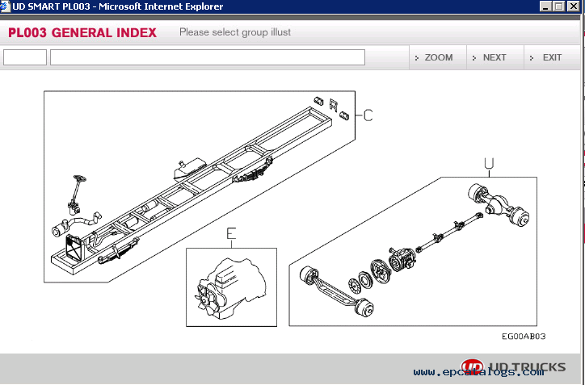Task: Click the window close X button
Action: [573, 6]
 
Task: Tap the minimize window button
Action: [545, 6]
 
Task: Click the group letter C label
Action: [368, 115]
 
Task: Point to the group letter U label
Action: [489, 163]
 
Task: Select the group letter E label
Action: [231, 234]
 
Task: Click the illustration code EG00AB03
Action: [524, 337]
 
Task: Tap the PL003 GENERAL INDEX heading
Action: [82, 33]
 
